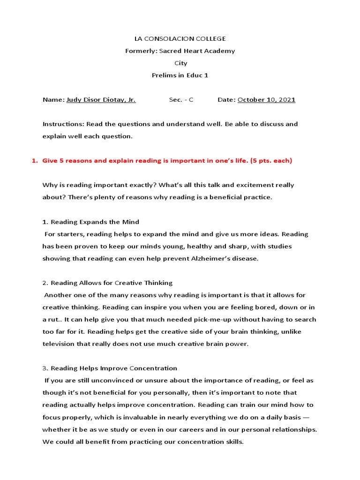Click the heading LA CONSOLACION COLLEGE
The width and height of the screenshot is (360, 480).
[x=180, y=38]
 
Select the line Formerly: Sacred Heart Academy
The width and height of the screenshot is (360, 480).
[x=180, y=51]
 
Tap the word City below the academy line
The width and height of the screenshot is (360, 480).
[x=180, y=63]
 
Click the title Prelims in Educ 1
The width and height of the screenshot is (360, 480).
[x=180, y=75]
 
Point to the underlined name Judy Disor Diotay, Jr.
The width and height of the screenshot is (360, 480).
[x=101, y=100]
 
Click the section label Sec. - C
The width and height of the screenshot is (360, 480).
[x=181, y=100]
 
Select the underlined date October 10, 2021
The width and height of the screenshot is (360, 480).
[x=266, y=100]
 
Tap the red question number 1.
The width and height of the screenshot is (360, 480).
[x=34, y=161]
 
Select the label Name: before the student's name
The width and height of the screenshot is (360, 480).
[x=53, y=100]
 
